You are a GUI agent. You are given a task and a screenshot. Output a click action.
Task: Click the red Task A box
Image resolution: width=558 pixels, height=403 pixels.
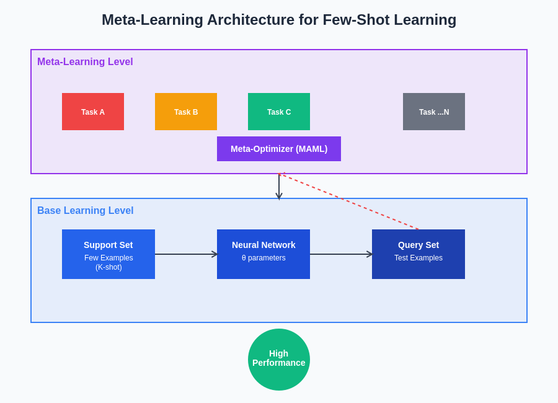pos(93,112)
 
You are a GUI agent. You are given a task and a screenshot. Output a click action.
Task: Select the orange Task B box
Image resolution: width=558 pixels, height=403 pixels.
pos(186,112)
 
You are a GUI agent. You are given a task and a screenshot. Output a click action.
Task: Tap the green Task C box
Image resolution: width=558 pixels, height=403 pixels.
pos(279,112)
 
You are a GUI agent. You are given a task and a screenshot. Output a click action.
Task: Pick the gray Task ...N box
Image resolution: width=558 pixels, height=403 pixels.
pos(434,112)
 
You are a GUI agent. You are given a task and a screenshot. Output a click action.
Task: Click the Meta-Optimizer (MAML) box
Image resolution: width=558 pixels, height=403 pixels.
pos(279,149)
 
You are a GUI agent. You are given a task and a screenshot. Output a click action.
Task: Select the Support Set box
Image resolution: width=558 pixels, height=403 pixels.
pos(108,254)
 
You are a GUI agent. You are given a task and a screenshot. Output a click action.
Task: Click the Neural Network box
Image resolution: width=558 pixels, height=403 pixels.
pos(263,254)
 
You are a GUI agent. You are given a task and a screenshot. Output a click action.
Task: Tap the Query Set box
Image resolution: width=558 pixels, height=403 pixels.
pos(418,254)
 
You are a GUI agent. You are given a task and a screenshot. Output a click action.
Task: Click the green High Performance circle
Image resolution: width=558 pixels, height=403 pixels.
pos(279,360)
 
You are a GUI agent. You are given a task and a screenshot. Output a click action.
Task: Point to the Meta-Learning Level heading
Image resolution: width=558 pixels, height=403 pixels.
pos(85,62)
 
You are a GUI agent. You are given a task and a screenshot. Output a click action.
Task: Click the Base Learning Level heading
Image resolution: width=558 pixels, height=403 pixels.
pos(85,211)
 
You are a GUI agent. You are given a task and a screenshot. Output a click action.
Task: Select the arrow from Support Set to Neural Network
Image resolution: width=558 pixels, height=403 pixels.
pos(186,254)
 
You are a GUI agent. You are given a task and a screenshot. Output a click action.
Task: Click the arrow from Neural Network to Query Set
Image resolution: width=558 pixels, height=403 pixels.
pos(341,254)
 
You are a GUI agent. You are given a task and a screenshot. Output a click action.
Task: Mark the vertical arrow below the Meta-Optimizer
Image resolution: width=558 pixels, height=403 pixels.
pos(279,186)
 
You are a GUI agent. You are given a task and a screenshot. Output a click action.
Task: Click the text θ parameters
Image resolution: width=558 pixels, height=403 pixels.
pos(263,258)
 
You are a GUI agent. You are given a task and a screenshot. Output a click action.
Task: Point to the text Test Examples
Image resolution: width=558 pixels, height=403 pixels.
pos(418,258)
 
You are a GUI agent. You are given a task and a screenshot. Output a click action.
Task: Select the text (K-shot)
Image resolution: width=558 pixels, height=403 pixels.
pos(108,267)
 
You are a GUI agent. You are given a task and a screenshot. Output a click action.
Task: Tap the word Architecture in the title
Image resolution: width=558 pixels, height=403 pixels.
pos(250,20)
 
